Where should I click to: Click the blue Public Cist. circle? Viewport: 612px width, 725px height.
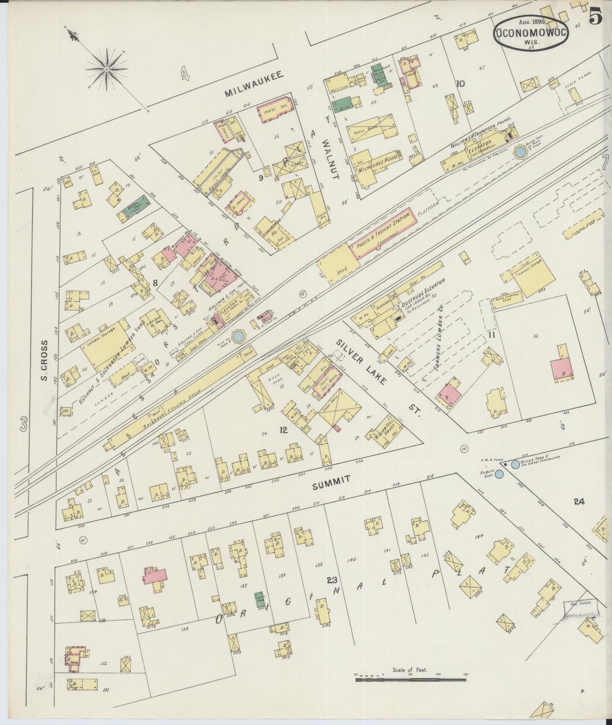click(500, 474)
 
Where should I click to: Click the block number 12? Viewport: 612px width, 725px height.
click(283, 430)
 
